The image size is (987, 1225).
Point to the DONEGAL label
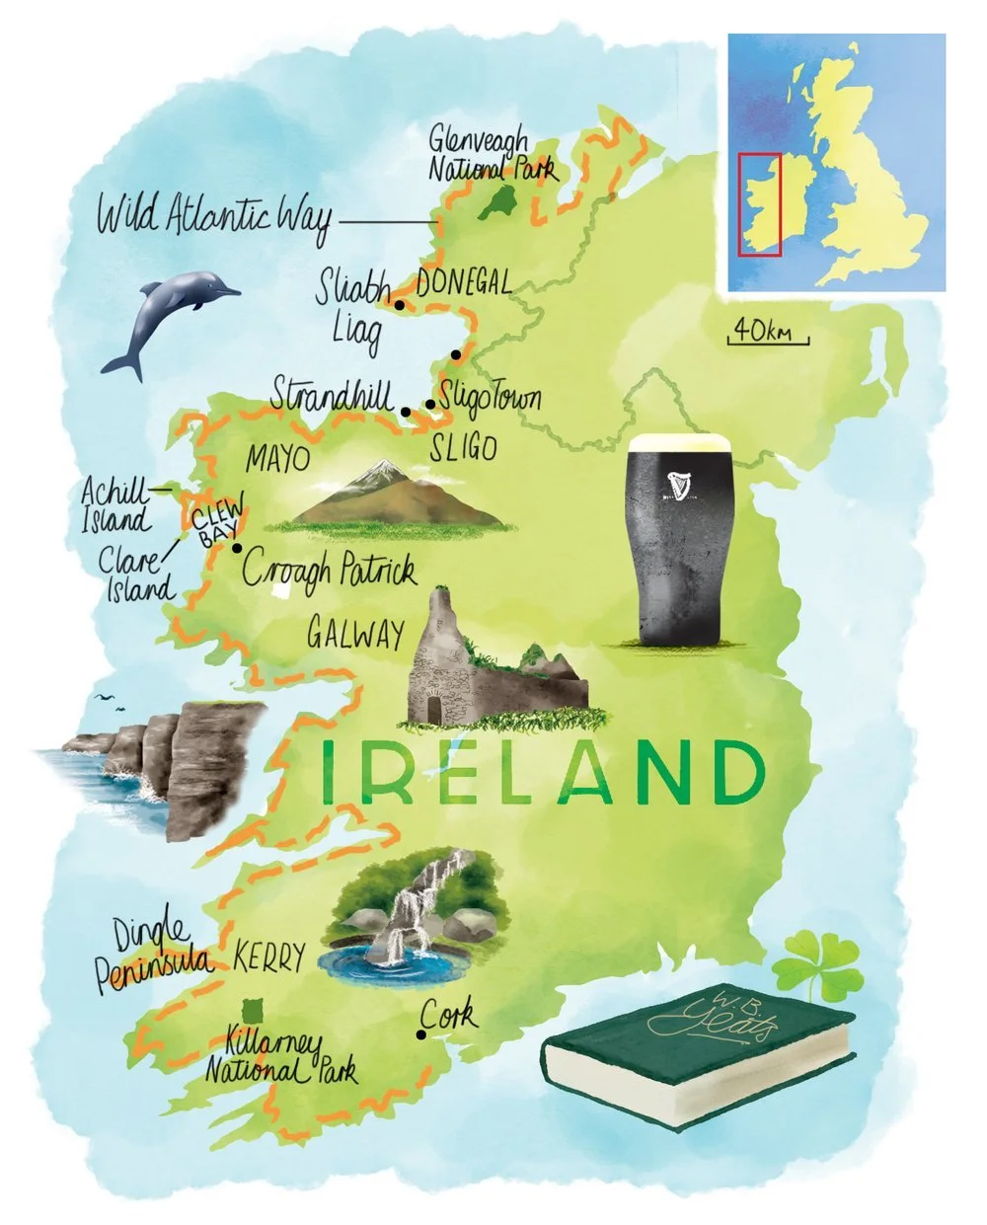tap(464, 284)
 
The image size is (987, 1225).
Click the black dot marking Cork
tap(421, 1035)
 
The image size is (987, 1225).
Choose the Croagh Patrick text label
tap(329, 571)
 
